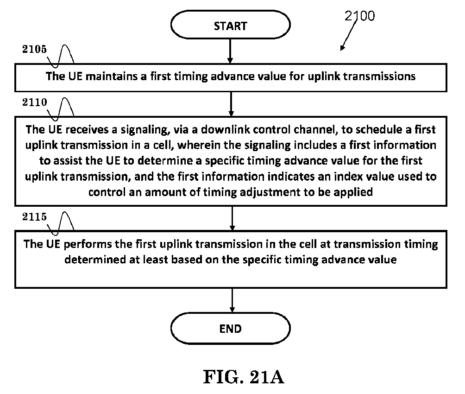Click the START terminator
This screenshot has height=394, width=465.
pos(231,25)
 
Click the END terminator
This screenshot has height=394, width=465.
pos(231,328)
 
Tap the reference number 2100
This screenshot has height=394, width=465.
pos(360,16)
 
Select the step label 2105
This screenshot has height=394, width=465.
pos(34,49)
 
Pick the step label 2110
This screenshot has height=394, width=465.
pos(34,102)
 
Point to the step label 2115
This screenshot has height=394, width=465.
pos(34,217)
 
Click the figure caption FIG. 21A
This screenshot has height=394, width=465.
pos(244,377)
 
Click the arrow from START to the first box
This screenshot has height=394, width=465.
pos(230,51)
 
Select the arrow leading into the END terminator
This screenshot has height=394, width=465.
pos(232,300)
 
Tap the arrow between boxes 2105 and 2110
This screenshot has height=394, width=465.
pos(231,104)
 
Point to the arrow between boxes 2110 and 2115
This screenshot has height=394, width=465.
pos(232,218)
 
